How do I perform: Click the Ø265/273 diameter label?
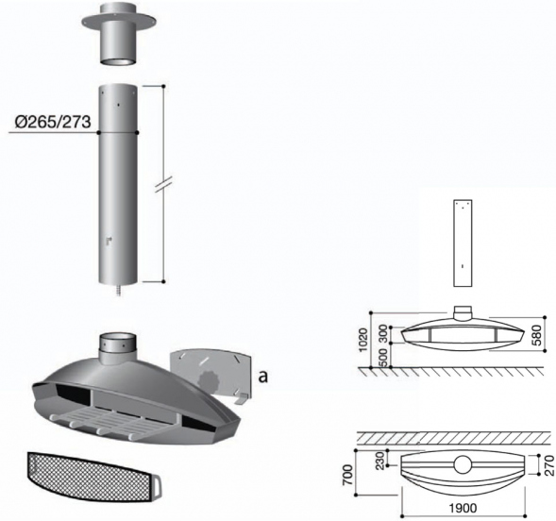(x=53, y=122)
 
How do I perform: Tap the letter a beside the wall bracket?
(x=262, y=377)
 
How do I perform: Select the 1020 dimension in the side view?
(x=363, y=340)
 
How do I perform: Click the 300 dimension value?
(x=383, y=333)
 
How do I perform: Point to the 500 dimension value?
(x=383, y=358)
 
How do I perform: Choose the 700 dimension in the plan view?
(x=348, y=476)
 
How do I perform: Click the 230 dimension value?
(x=379, y=461)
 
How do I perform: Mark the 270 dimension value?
(x=549, y=465)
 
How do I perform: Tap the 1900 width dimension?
(x=463, y=508)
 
